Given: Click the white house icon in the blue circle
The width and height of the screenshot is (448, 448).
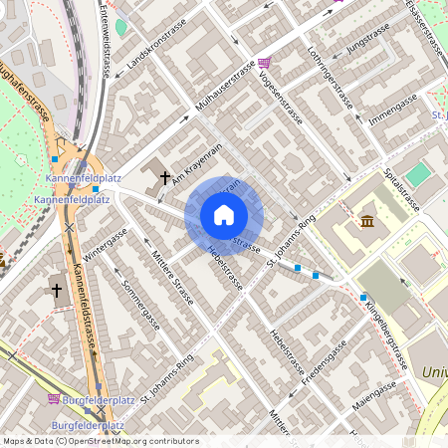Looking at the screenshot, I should tap(224, 215).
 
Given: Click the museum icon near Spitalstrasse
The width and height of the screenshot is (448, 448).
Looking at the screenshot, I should tap(368, 220).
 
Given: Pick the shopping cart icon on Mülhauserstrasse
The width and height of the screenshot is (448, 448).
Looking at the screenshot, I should tap(263, 62).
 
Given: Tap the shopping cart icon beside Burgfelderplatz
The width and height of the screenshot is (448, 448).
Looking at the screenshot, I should tap(54, 398).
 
